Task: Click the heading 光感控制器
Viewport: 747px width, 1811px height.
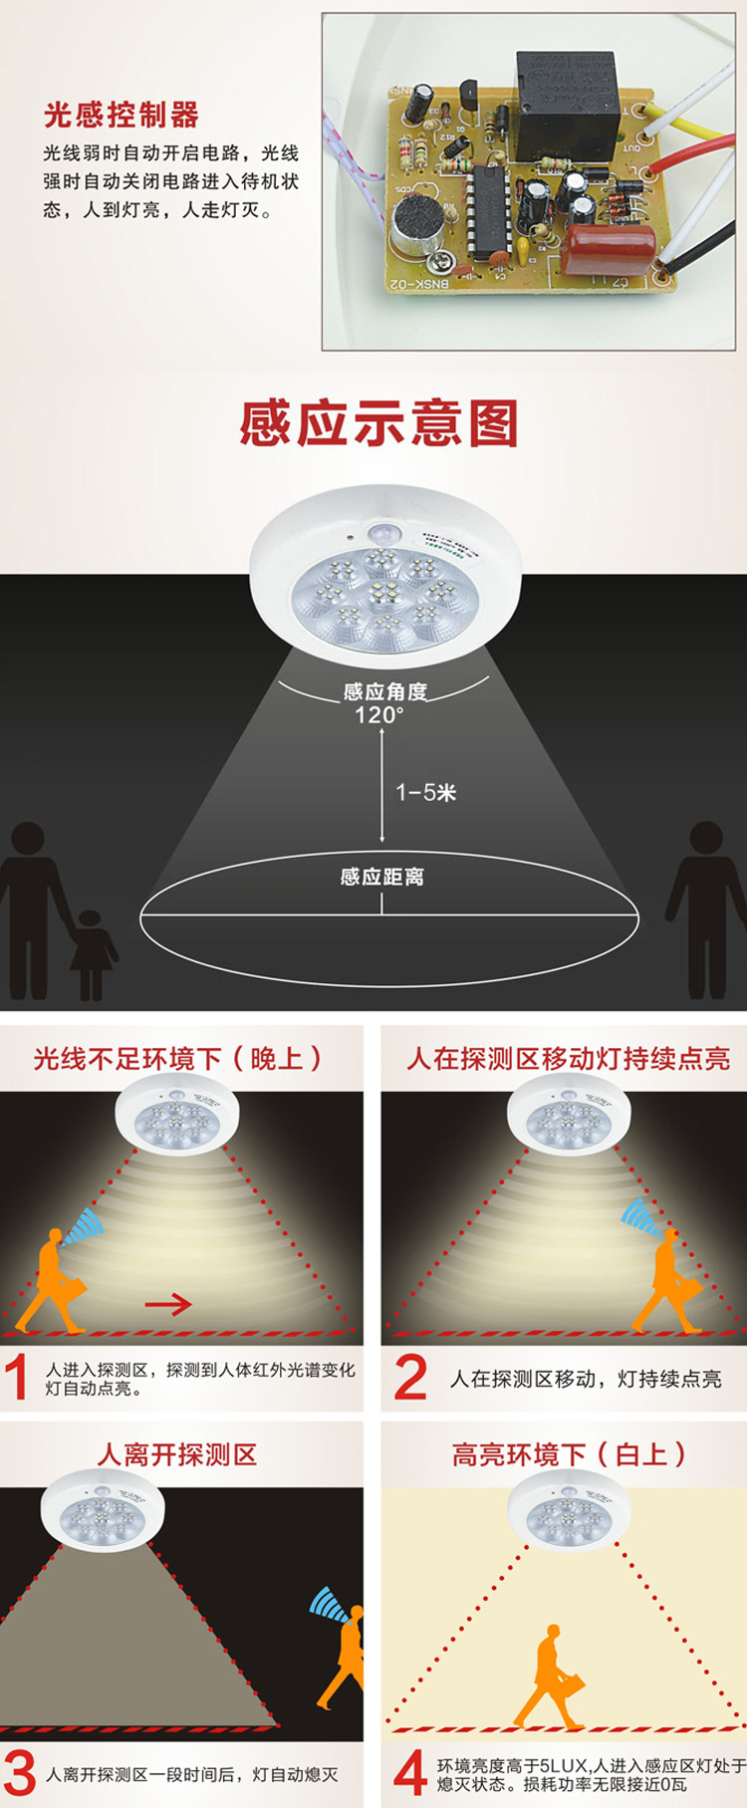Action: pyautogui.click(x=122, y=115)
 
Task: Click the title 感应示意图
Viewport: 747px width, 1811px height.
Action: pyautogui.click(x=379, y=423)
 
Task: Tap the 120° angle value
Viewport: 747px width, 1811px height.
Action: pyautogui.click(x=379, y=714)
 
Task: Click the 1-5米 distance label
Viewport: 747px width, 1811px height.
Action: pyautogui.click(x=426, y=792)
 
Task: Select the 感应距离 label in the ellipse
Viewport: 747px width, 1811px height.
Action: pyautogui.click(x=381, y=877)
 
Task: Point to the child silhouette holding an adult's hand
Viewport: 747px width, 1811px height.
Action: pyautogui.click(x=90, y=952)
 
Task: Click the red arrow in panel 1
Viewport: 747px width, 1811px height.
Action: pyautogui.click(x=168, y=1304)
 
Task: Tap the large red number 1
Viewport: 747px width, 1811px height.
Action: pyautogui.click(x=17, y=1379)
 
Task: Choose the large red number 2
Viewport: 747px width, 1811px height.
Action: pyautogui.click(x=410, y=1379)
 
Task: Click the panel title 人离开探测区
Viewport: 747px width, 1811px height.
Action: pyautogui.click(x=177, y=1455)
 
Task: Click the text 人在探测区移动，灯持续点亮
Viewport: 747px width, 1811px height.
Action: pyautogui.click(x=586, y=1379)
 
